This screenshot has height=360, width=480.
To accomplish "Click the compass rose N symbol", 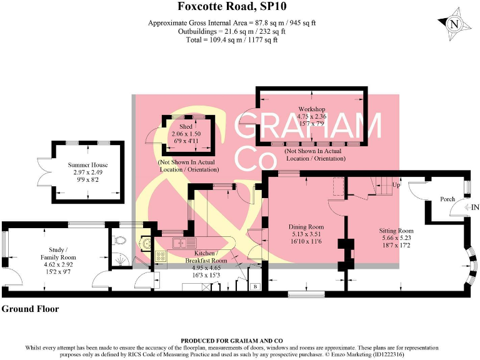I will [x=455, y=26].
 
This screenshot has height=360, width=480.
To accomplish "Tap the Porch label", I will [x=447, y=199].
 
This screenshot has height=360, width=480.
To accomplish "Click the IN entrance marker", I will [x=475, y=207].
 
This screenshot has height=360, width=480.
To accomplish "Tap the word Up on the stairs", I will [x=396, y=186].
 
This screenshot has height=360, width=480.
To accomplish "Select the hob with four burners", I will [x=160, y=256].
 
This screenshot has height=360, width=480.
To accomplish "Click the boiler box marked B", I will [x=254, y=287].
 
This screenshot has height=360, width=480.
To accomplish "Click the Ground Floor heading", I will [x=30, y=309].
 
